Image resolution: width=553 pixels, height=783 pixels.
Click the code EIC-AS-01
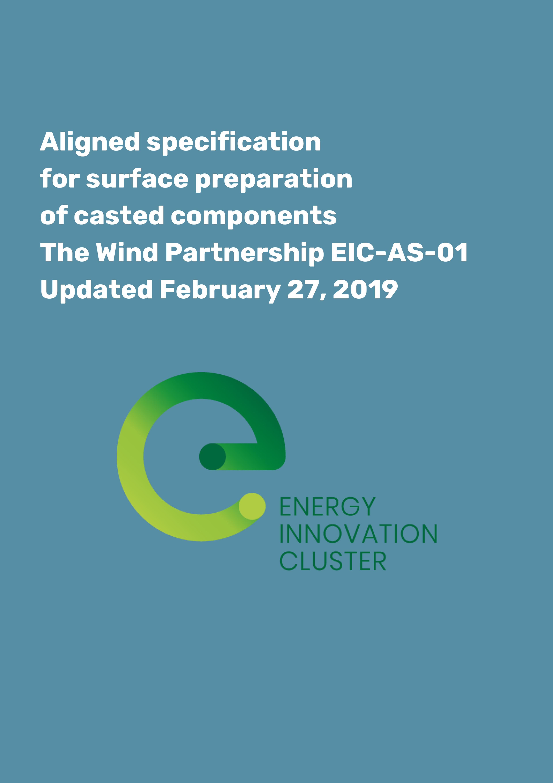point(399,253)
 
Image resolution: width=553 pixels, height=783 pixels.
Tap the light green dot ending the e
point(252,506)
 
